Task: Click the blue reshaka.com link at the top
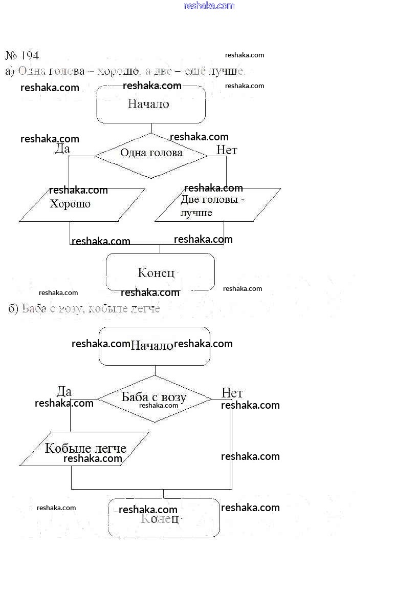pyautogui.click(x=209, y=6)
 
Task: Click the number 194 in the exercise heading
pyautogui.click(x=30, y=55)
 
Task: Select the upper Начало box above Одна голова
pyautogui.click(x=151, y=104)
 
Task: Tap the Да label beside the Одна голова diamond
pyautogui.click(x=62, y=149)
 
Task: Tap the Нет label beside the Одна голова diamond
pyautogui.click(x=227, y=150)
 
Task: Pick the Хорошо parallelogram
pyautogui.click(x=82, y=205)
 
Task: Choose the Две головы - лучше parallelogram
pyautogui.click(x=217, y=205)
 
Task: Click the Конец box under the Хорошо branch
pyautogui.click(x=160, y=272)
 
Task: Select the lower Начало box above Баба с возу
pyautogui.click(x=154, y=346)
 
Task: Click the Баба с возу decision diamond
pyautogui.click(x=154, y=397)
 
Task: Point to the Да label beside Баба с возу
pyautogui.click(x=64, y=392)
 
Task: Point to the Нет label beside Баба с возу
pyautogui.click(x=232, y=393)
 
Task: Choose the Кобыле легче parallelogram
pyautogui.click(x=84, y=449)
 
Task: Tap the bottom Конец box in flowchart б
pyautogui.click(x=164, y=518)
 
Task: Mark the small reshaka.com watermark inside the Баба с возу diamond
pyautogui.click(x=159, y=406)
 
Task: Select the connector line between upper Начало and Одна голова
pyautogui.click(x=151, y=128)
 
